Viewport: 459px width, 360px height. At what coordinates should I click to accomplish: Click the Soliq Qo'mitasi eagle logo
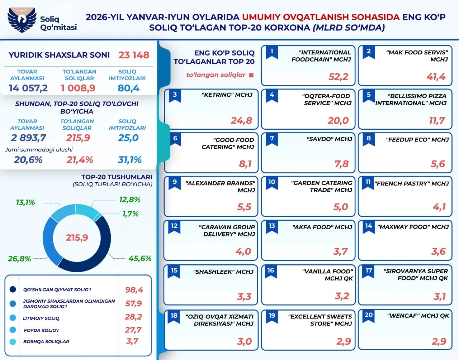[x=22, y=20]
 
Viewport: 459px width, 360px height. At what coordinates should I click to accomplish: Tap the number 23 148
[x=134, y=55]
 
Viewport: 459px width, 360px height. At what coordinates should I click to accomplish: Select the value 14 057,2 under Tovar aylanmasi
[x=28, y=88]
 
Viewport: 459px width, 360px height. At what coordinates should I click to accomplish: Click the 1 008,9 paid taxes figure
[x=78, y=88]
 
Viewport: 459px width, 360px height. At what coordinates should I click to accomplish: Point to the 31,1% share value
[x=129, y=160]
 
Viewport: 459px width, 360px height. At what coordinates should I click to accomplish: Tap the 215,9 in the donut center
[x=77, y=238]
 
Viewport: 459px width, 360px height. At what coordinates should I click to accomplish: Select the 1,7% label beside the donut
[x=131, y=214]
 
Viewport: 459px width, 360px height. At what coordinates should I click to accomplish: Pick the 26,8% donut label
[x=19, y=259]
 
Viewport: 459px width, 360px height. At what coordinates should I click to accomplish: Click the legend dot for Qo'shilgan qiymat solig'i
[x=13, y=289]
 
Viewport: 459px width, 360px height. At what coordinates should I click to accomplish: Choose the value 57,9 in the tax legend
[x=133, y=303]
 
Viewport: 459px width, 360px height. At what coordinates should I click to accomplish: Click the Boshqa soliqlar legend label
[x=46, y=341]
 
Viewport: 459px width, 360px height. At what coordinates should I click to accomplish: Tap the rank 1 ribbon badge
[x=272, y=53]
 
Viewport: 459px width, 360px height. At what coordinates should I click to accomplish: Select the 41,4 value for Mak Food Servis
[x=436, y=77]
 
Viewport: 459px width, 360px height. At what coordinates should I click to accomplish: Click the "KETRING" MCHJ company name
[x=227, y=95]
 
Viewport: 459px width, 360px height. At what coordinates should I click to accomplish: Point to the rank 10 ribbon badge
[x=272, y=183]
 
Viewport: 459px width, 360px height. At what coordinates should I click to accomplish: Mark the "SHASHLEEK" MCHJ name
[x=223, y=272]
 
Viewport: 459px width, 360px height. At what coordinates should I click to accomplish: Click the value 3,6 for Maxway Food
[x=438, y=251]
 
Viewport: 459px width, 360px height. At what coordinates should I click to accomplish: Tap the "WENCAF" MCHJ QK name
[x=418, y=316]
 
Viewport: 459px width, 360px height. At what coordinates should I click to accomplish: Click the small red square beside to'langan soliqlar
[x=251, y=75]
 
